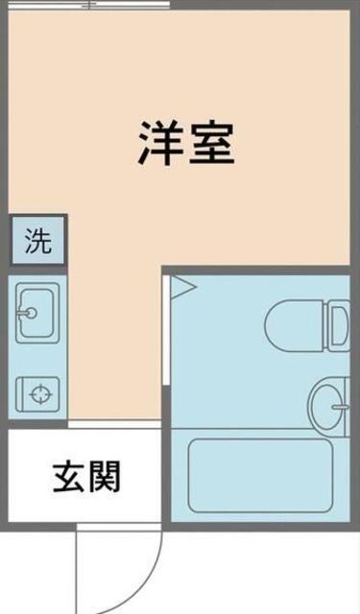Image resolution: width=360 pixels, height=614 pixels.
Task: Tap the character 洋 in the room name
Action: coord(159,144)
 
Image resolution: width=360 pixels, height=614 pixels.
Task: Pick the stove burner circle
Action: coord(38,392)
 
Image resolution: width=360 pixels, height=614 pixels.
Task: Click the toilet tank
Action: coord(338,324)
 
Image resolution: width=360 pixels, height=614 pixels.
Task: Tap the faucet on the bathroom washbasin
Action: coord(339,407)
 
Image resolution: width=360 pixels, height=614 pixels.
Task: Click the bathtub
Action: coord(260,475)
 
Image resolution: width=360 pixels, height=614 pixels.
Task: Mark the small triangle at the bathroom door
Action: coord(182,285)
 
